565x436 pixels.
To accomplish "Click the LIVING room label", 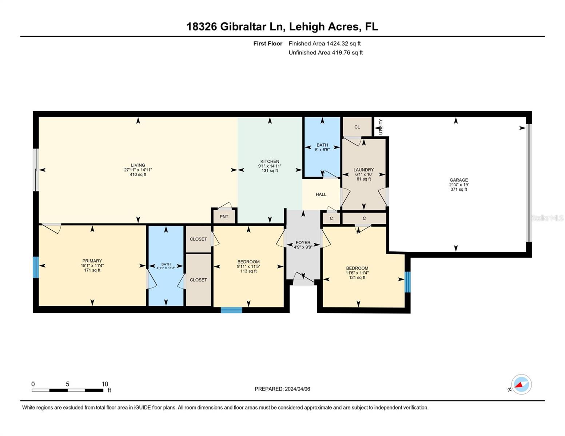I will coord(138,165).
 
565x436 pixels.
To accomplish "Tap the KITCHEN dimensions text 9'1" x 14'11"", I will coord(270,166).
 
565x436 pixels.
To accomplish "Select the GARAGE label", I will coord(458,180).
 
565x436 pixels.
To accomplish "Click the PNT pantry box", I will coord(224,217).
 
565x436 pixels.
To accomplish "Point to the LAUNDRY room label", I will coord(363,170).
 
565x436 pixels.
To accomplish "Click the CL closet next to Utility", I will coord(357,127).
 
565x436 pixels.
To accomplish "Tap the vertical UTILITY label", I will coord(381,127).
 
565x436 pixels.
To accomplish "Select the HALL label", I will coord(321,194).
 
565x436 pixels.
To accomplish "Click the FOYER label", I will coord(303,242).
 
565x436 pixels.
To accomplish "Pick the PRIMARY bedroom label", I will coord(92,261).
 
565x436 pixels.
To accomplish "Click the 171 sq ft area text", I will coord(92,270).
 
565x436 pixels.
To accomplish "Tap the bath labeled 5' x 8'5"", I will coord(322,147).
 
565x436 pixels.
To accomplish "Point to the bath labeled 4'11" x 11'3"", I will coord(166,266).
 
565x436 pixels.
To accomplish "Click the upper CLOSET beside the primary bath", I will coord(198,239).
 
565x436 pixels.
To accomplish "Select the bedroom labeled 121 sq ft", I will coord(357,273).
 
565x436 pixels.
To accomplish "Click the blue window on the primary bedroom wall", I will coord(36,267).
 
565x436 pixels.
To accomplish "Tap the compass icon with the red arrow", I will coord(521,384).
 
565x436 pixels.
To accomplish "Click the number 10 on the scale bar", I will coord(105,384).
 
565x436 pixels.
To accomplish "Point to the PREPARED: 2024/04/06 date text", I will coord(282,389).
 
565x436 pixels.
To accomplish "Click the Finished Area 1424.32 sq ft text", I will coord(325,44).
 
